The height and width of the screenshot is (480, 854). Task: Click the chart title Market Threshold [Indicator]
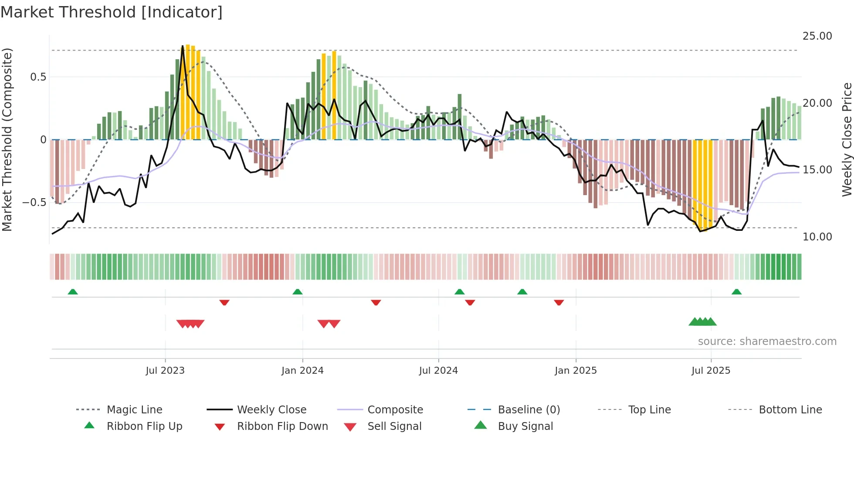point(112,12)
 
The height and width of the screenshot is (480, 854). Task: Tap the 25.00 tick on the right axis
point(817,36)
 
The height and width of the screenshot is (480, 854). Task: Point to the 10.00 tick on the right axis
point(817,237)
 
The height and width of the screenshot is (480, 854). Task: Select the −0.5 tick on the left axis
point(34,203)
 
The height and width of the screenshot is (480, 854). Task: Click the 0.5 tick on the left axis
point(38,77)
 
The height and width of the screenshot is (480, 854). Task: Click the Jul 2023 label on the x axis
point(165,371)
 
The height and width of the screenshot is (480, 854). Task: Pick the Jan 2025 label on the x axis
point(576,371)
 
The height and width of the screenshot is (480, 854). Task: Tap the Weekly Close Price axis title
point(847,139)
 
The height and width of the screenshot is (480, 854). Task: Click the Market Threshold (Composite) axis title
point(7,139)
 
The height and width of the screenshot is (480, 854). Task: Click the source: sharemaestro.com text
point(767,341)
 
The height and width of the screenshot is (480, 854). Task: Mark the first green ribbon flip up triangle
point(73,292)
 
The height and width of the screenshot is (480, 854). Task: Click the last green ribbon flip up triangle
point(736,292)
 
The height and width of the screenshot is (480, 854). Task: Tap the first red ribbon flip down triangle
point(224,302)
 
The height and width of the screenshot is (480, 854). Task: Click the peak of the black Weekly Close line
point(183,46)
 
